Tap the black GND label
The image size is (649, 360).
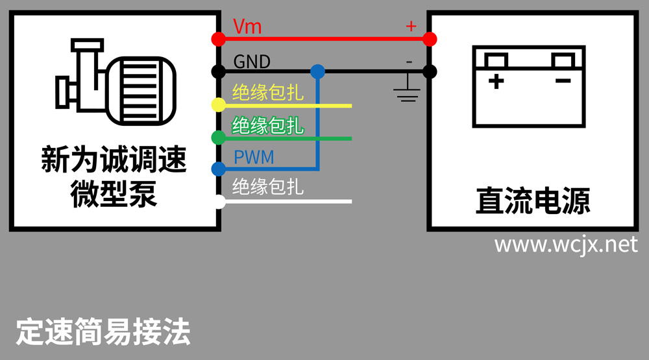(x=252, y=62)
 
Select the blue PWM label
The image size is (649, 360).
(x=253, y=158)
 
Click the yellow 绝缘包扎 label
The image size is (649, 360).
(x=267, y=93)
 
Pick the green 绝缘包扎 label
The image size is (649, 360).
(x=267, y=125)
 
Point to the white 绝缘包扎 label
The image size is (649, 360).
(x=267, y=187)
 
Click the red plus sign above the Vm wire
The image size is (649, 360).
(x=410, y=26)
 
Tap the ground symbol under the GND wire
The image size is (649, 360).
(x=407, y=91)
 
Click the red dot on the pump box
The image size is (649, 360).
(x=219, y=39)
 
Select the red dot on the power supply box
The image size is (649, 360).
(x=430, y=39)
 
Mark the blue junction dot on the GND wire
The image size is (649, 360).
(x=317, y=71)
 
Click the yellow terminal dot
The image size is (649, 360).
(x=219, y=104)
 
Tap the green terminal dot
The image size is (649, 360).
(x=219, y=138)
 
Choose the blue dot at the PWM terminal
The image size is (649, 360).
(x=219, y=169)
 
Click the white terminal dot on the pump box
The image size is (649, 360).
(x=219, y=202)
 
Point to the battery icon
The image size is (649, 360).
(x=530, y=86)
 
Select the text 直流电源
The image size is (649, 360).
(x=532, y=201)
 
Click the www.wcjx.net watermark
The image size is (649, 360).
(x=565, y=245)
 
